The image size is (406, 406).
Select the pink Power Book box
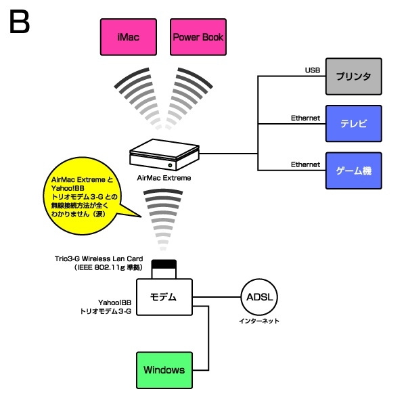point(198,38)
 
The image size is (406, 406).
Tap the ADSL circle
point(260,297)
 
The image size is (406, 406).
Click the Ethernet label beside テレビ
point(304,118)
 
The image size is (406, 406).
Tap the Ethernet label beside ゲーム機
point(304,164)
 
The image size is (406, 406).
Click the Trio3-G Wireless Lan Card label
point(101,259)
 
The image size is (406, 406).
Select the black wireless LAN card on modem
point(163,264)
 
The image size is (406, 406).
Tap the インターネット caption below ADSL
point(260,321)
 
